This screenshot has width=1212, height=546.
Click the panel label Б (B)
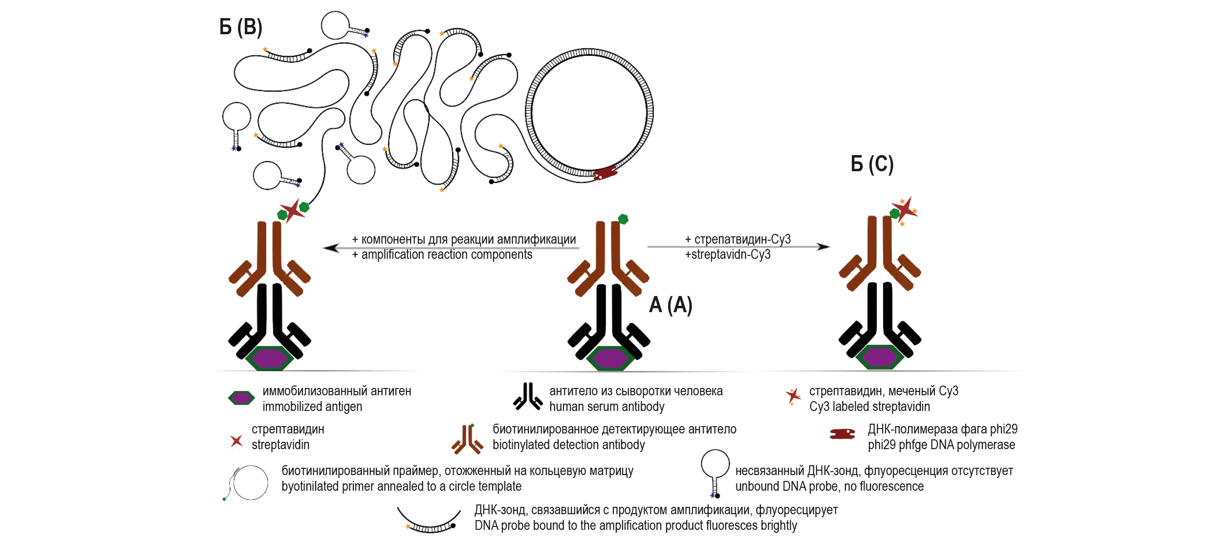240,27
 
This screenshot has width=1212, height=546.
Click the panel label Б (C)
872,164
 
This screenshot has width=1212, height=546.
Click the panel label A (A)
671,305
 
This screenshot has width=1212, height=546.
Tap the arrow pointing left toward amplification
332,248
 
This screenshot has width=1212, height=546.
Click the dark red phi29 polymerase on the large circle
605,173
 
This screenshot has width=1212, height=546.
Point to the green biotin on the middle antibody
623,219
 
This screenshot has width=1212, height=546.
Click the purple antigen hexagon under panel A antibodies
610,358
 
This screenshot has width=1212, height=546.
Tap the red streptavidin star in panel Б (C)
906,209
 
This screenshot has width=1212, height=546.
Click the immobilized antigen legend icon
241,398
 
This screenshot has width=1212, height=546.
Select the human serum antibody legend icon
527,397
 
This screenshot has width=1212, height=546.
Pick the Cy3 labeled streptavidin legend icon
793,395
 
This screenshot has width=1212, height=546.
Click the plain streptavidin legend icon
237,441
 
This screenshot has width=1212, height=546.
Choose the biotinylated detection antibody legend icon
467,439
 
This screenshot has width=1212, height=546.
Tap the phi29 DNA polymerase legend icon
843,434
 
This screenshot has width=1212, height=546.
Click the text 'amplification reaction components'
447,255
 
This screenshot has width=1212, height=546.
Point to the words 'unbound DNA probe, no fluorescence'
829,486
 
